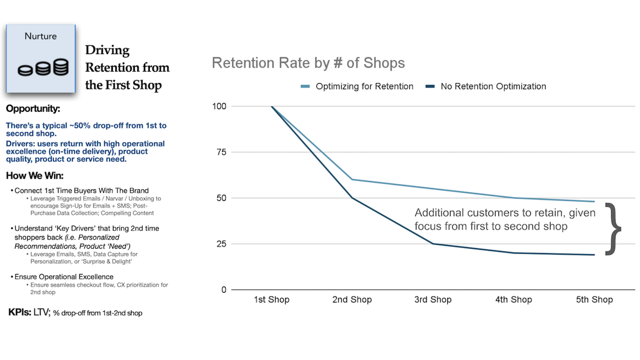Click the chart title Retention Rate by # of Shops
[x=308, y=63]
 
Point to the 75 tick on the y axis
[x=221, y=152]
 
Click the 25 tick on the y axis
[x=221, y=244]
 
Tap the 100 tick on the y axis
[x=219, y=106]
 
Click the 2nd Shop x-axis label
[x=352, y=300]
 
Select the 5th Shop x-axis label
[x=594, y=300]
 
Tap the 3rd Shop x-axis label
[x=433, y=300]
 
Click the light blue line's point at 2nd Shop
[x=352, y=180]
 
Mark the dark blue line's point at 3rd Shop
[x=433, y=244]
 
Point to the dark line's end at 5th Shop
[x=594, y=255]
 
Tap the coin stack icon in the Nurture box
[x=43, y=68]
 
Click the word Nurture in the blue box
[x=41, y=36]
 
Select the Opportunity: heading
[x=33, y=109]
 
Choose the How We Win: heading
[x=35, y=176]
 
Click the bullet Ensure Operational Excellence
[x=64, y=277]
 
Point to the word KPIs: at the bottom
[x=20, y=312]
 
